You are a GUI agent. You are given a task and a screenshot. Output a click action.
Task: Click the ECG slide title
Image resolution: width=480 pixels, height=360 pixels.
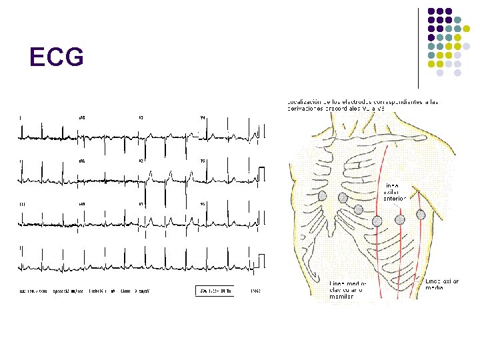(57, 59)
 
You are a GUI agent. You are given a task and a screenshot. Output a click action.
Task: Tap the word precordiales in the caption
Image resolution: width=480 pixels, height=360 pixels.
(331, 108)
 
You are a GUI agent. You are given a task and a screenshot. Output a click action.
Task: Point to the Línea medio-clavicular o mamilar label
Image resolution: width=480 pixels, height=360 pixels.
(347, 289)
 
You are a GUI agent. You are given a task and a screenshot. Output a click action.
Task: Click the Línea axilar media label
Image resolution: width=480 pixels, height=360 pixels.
(442, 285)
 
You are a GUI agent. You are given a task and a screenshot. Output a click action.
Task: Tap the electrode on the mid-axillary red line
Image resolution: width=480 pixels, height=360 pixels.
(421, 215)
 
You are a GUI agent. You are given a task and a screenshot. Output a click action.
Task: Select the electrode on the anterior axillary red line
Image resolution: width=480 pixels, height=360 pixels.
(399, 219)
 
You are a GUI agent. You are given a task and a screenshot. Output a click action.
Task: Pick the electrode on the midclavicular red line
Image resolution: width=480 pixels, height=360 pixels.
(377, 221)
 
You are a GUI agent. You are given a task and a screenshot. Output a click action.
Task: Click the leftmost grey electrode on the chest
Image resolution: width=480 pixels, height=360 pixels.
(323, 196)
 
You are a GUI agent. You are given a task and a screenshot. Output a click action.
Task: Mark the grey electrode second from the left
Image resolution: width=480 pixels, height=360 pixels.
(343, 198)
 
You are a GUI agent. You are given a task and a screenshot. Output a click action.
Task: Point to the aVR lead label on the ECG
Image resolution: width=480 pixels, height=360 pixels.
(82, 118)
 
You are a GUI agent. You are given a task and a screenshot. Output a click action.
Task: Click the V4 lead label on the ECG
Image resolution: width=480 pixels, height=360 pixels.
(203, 118)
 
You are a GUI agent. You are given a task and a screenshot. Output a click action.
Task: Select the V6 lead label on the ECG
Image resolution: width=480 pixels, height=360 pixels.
(203, 203)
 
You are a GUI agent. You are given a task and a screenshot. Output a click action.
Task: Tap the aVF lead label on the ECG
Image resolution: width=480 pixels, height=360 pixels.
(82, 203)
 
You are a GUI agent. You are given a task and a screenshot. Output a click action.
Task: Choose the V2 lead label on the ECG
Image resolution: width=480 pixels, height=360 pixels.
(141, 161)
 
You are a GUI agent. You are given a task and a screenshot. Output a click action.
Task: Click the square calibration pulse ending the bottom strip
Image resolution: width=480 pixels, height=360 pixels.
(261, 261)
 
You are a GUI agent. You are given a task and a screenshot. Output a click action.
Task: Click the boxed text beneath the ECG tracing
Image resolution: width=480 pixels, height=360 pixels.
(215, 291)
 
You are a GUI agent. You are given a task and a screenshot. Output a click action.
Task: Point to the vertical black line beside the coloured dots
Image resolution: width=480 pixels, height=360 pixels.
(419, 47)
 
